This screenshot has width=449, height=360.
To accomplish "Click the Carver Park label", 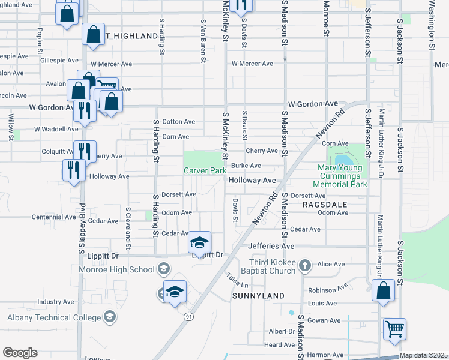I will click(x=205, y=171).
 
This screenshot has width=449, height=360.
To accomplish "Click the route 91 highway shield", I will click(x=188, y=316).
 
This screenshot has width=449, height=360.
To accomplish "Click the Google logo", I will click(x=20, y=353).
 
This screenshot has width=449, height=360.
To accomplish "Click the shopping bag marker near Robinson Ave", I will click(x=383, y=290).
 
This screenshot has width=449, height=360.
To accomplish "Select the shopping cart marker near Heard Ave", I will click(x=394, y=328).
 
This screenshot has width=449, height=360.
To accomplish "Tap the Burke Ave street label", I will click(x=246, y=166).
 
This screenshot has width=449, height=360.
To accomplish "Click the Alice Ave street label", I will click(x=331, y=264).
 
